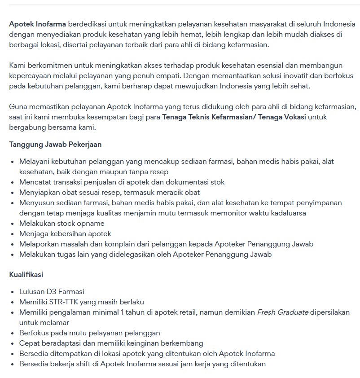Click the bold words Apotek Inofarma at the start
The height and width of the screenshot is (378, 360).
(x=38, y=24)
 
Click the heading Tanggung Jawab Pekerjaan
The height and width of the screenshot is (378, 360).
(x=55, y=145)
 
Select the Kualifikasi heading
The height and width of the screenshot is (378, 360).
(x=26, y=274)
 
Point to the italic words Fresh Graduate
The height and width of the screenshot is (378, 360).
(x=283, y=312)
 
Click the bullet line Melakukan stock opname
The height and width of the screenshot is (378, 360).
(x=62, y=224)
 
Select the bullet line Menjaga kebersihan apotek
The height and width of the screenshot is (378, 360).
(x=65, y=234)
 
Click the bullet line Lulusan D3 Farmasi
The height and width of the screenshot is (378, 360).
(x=52, y=292)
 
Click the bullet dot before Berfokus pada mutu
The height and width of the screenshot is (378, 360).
(x=12, y=333)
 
